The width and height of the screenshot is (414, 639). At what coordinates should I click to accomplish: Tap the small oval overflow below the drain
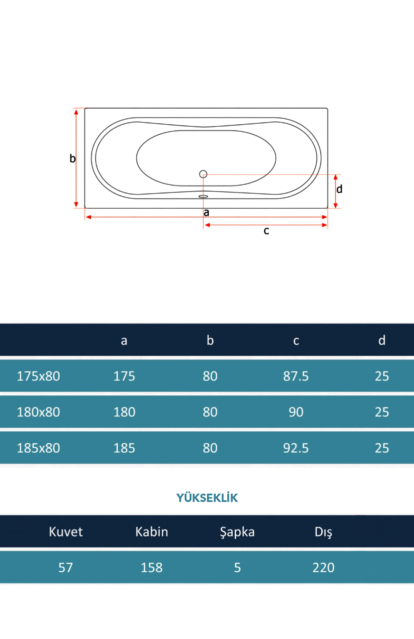point(203,196)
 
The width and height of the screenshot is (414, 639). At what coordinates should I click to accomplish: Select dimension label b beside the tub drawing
point(72,158)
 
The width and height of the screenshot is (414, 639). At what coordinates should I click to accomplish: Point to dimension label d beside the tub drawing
point(339,189)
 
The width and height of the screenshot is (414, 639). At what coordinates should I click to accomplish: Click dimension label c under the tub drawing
point(266,231)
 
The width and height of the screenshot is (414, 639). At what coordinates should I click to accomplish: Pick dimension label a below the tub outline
point(207,213)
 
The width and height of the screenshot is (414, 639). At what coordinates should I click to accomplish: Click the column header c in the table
point(296,340)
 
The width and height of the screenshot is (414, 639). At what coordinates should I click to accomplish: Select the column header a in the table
point(124,340)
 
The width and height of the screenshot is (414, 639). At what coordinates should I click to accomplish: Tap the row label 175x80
point(39,376)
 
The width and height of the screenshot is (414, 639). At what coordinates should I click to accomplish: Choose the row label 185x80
point(39,448)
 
